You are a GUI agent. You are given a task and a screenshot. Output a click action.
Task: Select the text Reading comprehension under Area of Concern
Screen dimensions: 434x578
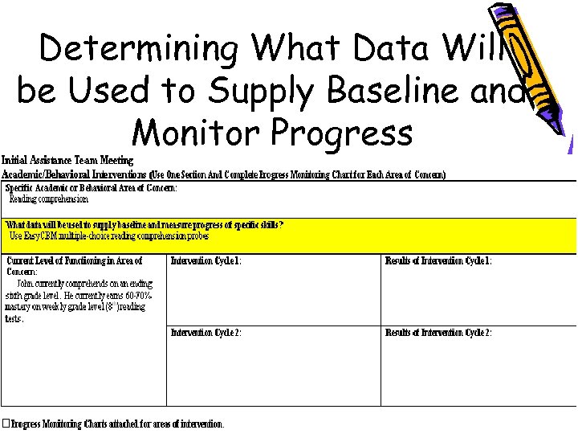point(48,199)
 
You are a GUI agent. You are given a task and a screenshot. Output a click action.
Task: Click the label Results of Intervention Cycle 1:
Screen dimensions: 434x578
point(438,261)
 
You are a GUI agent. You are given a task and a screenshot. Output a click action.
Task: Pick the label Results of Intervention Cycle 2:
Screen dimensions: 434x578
point(438,333)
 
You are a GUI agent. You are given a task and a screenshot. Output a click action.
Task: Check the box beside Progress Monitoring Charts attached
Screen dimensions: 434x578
point(6,424)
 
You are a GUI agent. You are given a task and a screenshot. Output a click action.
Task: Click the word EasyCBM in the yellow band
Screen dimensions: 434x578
point(41,236)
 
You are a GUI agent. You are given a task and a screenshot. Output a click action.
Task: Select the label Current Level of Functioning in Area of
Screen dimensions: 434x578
point(75,261)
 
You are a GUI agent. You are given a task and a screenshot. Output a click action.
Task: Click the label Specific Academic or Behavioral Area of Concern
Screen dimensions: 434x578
point(91,187)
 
